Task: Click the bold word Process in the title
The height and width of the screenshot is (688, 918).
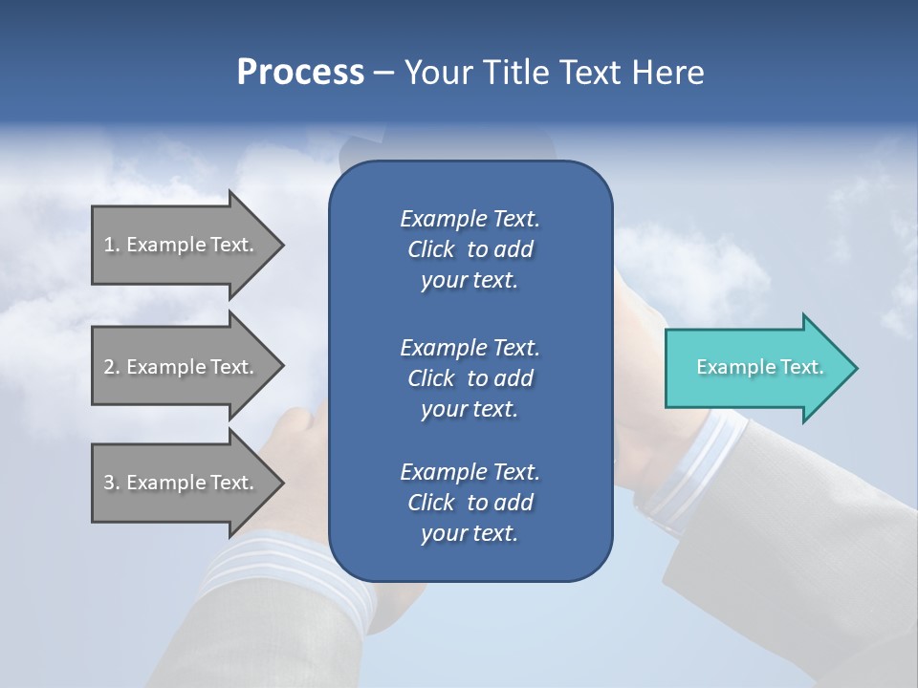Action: tap(300, 73)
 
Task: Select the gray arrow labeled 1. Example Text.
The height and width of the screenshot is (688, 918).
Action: tap(182, 245)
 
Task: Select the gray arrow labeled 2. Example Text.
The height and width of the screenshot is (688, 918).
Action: tap(182, 367)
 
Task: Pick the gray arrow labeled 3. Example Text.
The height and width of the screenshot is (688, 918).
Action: tap(182, 483)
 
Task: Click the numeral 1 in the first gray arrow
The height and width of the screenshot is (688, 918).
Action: tap(108, 245)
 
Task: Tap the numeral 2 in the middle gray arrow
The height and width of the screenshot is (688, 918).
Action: tap(108, 367)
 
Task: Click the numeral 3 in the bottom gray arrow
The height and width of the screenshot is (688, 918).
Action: tap(108, 483)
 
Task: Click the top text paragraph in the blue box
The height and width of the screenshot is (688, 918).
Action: tap(470, 249)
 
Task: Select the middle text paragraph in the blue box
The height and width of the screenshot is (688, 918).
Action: tap(470, 377)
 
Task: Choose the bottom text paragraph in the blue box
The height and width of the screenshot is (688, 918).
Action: tap(470, 503)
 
